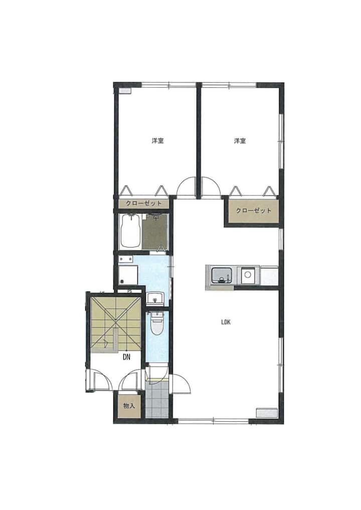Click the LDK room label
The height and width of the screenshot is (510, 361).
click(226, 322)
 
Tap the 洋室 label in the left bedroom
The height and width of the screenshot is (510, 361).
click(158, 141)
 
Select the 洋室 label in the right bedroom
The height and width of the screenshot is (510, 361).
click(240, 141)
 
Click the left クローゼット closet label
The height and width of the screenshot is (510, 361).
click(143, 203)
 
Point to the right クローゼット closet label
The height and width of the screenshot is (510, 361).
click(254, 210)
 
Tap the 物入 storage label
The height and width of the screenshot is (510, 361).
click(129, 406)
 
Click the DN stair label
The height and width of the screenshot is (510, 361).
click(126, 357)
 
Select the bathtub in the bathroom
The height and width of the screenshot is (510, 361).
click(130, 231)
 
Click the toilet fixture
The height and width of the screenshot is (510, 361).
click(157, 323)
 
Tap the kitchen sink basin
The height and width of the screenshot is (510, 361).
click(221, 275)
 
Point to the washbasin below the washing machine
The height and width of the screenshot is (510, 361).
click(156, 298)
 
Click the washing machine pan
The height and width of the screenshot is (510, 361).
click(127, 275)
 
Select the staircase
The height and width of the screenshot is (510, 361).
click(116, 325)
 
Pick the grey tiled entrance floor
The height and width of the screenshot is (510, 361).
click(157, 399)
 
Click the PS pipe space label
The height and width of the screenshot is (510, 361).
click(129, 292)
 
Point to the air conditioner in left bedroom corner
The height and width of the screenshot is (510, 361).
click(125, 91)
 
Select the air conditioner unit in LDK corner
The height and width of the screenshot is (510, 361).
click(267, 412)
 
